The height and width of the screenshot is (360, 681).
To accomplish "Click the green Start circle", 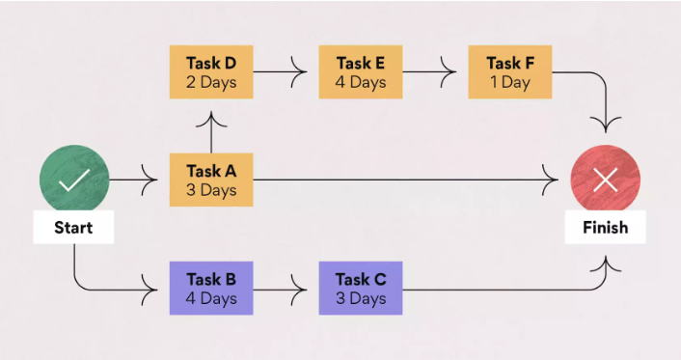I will (x=74, y=180).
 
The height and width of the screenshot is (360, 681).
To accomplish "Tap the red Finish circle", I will (x=605, y=180).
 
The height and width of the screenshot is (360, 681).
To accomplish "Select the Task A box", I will (x=211, y=180).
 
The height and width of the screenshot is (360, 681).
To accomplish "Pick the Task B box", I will (x=211, y=289).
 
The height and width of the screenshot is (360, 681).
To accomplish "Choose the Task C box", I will (x=361, y=289).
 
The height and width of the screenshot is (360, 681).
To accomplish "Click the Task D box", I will (x=211, y=71).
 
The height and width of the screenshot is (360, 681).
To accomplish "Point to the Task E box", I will (x=361, y=71).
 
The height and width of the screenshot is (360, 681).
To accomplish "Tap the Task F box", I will (x=510, y=71).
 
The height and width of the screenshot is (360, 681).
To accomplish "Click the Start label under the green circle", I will (x=74, y=228).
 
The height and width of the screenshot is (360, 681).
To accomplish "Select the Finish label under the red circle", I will (x=605, y=228).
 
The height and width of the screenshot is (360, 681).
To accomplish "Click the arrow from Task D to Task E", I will (x=286, y=71).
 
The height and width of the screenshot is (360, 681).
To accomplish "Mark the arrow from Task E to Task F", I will (x=435, y=71).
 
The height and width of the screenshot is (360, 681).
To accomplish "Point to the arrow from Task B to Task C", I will (x=286, y=289).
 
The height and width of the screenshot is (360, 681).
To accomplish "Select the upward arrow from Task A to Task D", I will (x=211, y=129).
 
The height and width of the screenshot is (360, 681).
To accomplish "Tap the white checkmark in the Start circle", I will (x=74, y=180).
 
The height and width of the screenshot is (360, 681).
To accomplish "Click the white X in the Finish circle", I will (x=605, y=180).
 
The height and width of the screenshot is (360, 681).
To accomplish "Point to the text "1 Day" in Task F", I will (x=509, y=82).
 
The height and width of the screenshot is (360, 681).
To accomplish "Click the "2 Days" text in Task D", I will (x=211, y=82).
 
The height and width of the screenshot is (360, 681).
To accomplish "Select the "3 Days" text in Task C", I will (x=361, y=298).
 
